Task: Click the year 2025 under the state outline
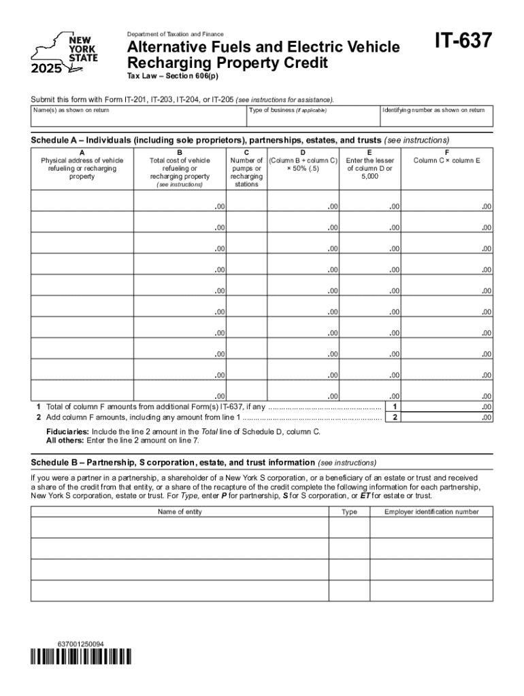(46, 68)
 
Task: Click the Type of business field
(313, 116)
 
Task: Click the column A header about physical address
(82, 168)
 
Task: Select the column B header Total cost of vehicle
(180, 168)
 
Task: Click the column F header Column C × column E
(446, 160)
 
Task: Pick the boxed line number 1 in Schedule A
(394, 407)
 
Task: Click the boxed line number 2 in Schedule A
(394, 418)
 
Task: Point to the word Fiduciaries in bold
(67, 432)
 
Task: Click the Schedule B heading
(173, 462)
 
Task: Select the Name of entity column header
(180, 512)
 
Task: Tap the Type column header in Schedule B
(349, 512)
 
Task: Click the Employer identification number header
(431, 512)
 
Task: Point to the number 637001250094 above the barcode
(81, 643)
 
